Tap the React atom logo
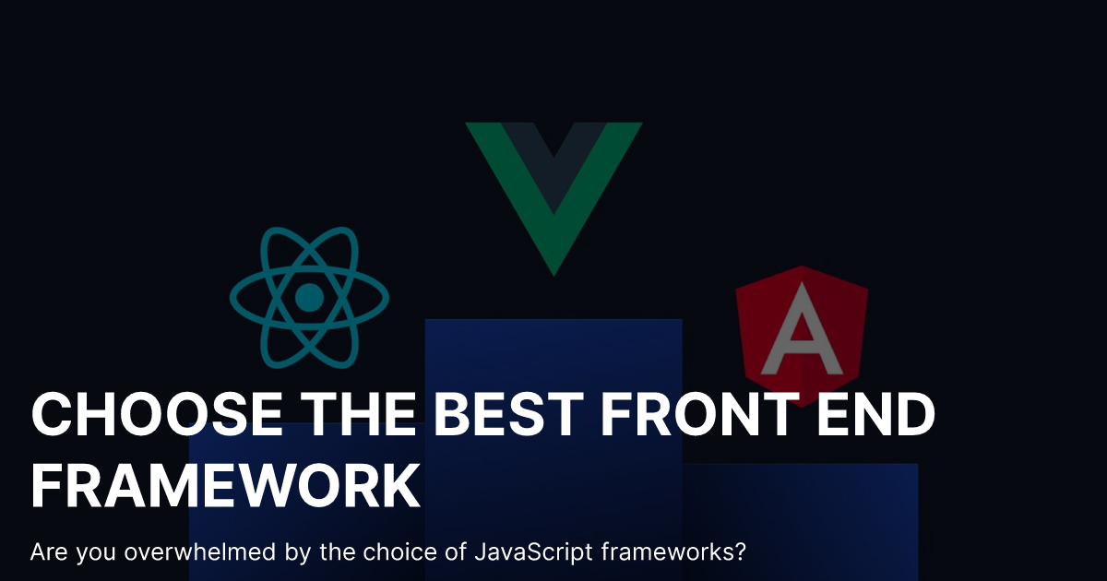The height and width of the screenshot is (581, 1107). (309, 297)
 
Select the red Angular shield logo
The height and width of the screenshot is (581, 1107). (802, 332)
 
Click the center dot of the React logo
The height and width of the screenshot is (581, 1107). (309, 297)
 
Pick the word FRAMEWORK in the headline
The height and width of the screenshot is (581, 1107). (226, 486)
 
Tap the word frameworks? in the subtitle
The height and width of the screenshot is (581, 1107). (673, 553)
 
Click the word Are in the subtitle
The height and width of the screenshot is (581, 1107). (47, 553)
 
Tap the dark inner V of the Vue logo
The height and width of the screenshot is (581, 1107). (553, 161)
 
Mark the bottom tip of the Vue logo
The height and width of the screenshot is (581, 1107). (553, 272)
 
